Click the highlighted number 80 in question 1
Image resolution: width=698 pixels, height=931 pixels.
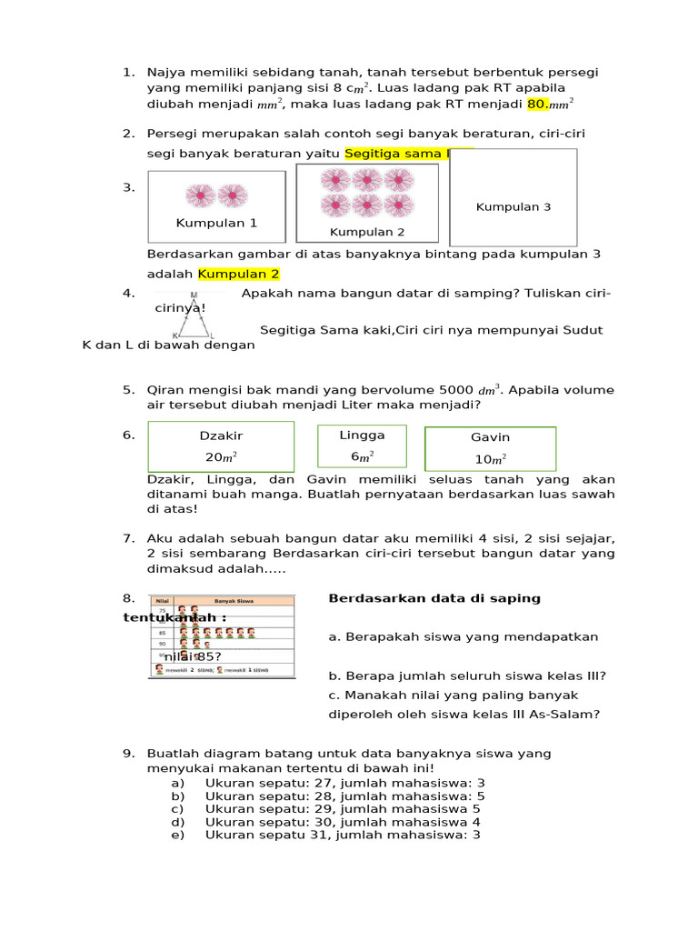tap(536, 105)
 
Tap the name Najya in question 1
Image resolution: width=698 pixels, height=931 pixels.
tap(167, 72)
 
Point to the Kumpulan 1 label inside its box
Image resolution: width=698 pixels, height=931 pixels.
tap(216, 223)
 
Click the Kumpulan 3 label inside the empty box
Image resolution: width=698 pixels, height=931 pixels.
tap(514, 207)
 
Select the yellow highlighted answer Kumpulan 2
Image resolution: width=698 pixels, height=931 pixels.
tap(238, 274)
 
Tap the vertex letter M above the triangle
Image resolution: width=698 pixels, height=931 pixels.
tap(194, 295)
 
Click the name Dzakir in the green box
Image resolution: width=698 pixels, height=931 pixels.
tap(221, 436)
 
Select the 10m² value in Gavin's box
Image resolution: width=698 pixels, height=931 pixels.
tap(490, 459)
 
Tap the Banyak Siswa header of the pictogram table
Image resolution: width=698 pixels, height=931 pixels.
tap(234, 601)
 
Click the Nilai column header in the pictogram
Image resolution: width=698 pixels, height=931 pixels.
tap(164, 601)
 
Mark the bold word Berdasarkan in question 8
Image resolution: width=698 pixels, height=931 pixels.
tap(369, 598)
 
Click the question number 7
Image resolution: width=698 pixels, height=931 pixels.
tap(128, 538)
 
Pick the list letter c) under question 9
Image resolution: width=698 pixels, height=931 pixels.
tap(177, 808)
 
